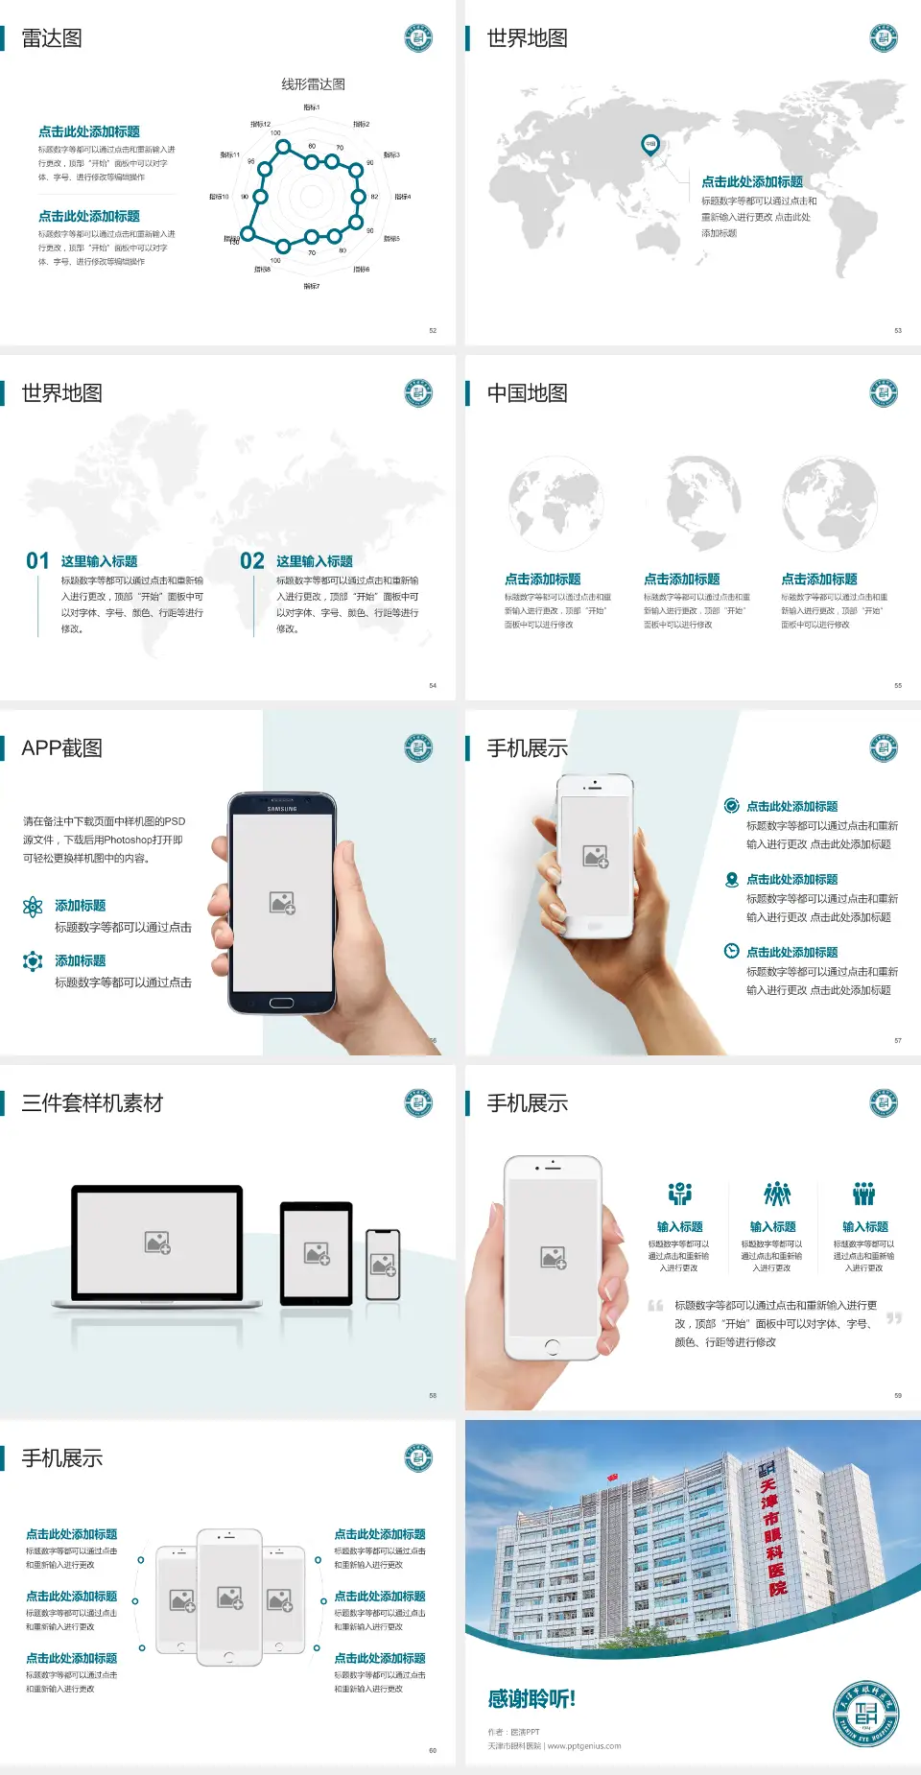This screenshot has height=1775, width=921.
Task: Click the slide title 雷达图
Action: [52, 38]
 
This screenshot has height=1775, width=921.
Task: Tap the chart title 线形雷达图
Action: [313, 84]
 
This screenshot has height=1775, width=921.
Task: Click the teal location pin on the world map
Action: [649, 144]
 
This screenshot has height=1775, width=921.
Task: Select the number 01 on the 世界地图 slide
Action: [37, 561]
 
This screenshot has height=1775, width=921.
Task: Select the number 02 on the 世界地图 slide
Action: [252, 561]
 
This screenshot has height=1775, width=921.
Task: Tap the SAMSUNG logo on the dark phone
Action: [282, 809]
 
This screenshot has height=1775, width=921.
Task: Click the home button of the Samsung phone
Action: [281, 1003]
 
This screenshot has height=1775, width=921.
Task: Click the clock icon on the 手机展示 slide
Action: [731, 951]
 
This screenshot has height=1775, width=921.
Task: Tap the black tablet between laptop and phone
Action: [317, 1252]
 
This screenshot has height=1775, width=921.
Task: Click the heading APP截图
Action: [61, 748]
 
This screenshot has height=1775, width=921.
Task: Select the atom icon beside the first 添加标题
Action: [33, 906]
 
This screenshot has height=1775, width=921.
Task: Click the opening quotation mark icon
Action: [655, 1306]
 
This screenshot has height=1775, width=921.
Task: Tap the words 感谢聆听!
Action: [531, 1699]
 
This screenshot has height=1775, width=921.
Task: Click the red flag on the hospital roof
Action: [612, 1477]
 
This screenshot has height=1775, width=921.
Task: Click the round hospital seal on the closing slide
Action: [866, 1713]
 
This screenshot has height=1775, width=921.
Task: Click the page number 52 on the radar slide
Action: [433, 330]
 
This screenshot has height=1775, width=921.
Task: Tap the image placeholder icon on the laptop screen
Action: [157, 1242]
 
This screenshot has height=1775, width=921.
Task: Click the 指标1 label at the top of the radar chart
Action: [312, 107]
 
